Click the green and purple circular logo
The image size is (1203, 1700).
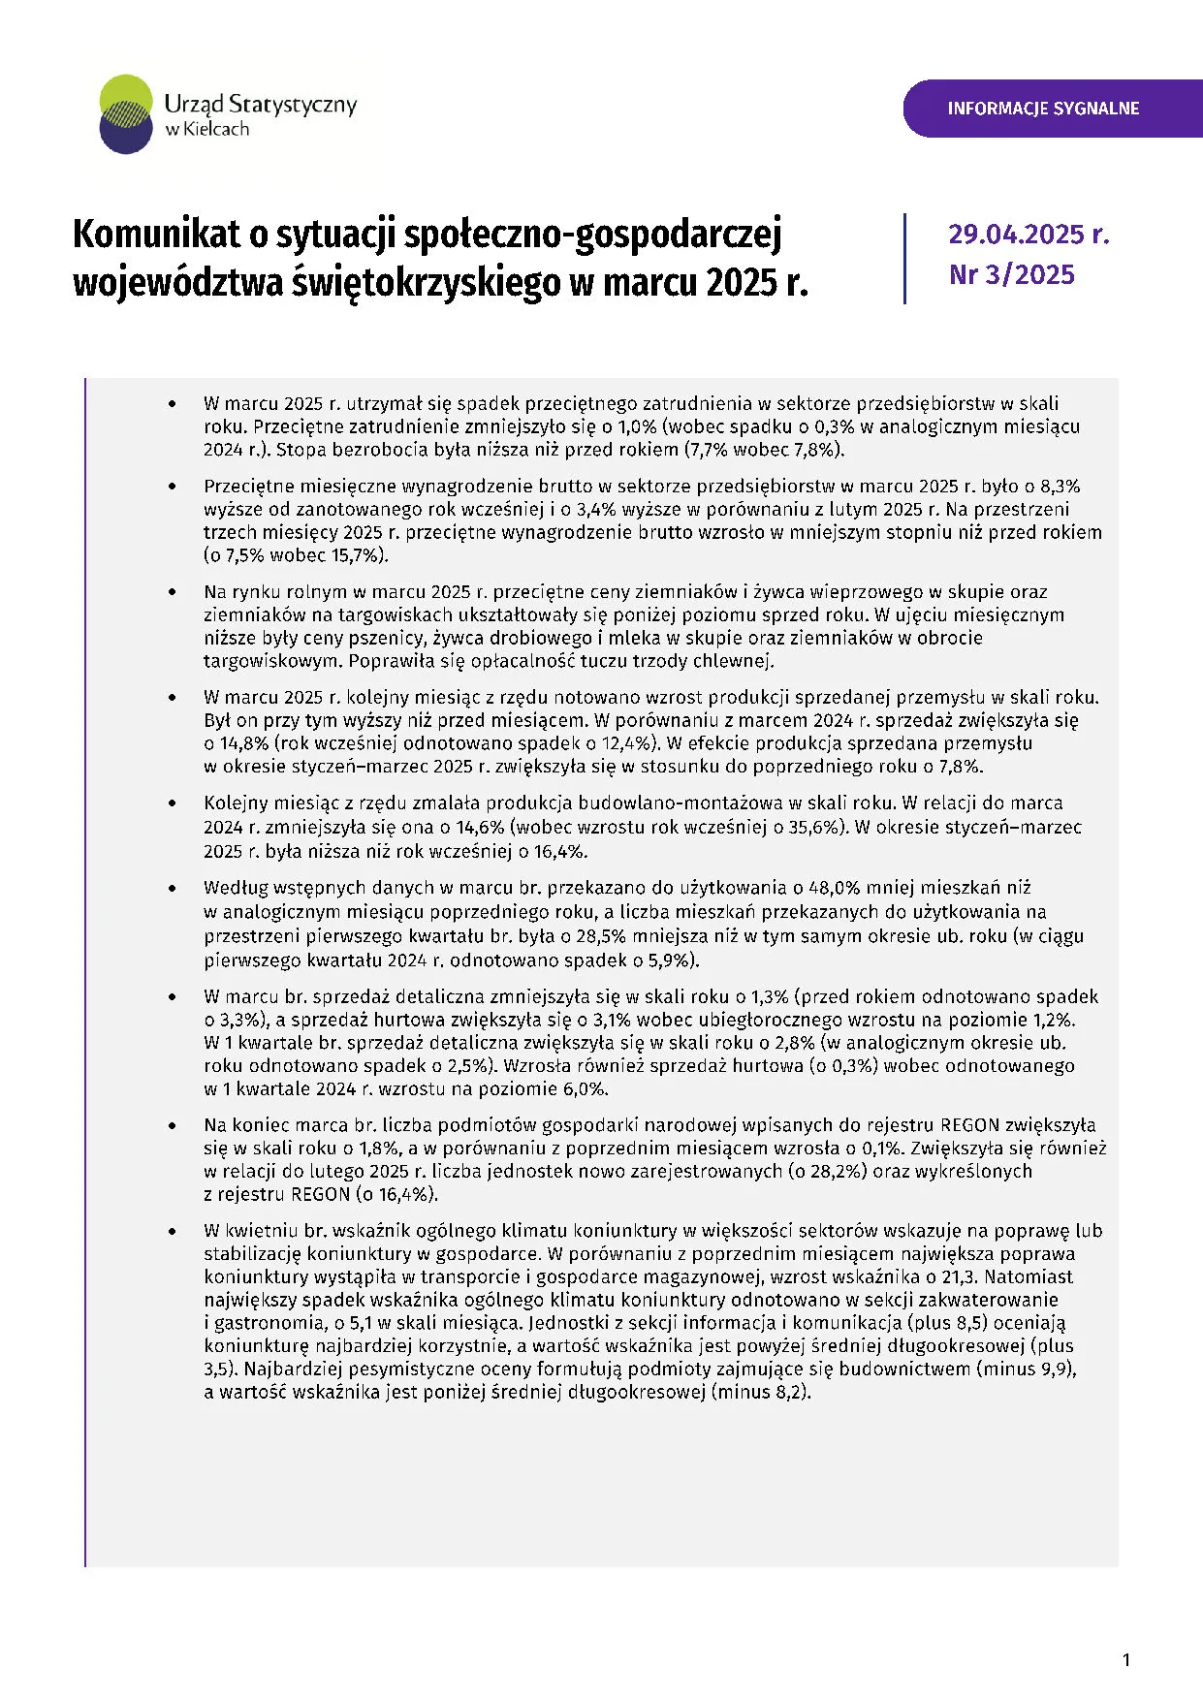coord(126,114)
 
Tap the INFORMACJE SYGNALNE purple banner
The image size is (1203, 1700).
coord(1043,109)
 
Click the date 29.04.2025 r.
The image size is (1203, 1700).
coord(1029,235)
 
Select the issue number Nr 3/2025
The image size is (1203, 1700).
coord(1012,275)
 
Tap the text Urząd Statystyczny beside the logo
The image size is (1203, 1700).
coord(261,104)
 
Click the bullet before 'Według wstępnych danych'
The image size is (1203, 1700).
coord(173,888)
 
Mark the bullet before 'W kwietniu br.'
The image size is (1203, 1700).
coord(173,1231)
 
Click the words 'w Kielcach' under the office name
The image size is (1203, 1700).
coord(206,130)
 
